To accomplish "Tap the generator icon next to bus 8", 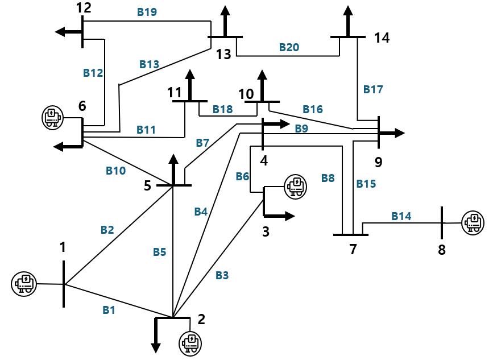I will click(472, 222).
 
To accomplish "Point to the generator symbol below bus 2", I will click(190, 343).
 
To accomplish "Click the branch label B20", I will click(289, 48).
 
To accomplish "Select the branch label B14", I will click(401, 216).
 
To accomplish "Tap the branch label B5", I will click(159, 252).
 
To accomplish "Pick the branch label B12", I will click(93, 73).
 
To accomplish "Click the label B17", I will click(373, 89).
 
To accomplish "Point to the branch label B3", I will click(222, 276).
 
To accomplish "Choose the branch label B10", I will click(116, 170).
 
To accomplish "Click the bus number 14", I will click(382, 38).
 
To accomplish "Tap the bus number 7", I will click(353, 249).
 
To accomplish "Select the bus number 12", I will click(83, 8).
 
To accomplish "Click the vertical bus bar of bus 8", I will click(442, 222).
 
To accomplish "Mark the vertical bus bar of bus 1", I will click(64, 284).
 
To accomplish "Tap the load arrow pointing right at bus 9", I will click(392, 133).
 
